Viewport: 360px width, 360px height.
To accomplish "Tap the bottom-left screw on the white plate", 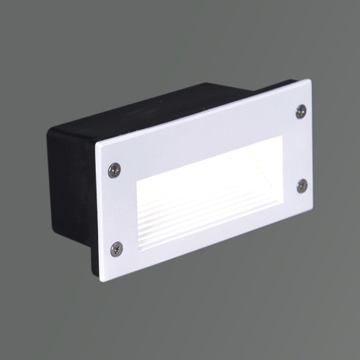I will point(116,248).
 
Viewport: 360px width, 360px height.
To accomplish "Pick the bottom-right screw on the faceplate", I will point(301,185).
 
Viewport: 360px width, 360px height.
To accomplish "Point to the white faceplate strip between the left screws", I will point(116,207).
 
